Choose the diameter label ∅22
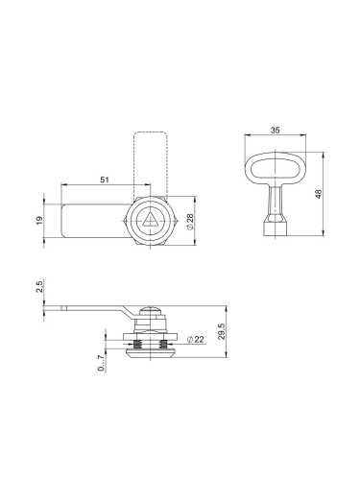[x=197, y=338]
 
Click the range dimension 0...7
[x=100, y=364]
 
